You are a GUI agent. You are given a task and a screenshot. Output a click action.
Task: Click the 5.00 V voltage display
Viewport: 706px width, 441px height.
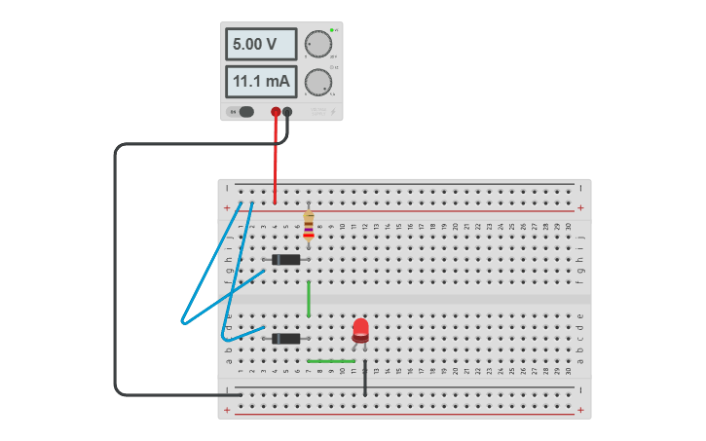point(261,45)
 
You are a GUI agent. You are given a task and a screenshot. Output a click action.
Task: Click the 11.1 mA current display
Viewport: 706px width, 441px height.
point(261,82)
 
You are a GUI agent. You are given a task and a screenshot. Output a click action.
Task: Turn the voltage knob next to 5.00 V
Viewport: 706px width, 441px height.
point(317,45)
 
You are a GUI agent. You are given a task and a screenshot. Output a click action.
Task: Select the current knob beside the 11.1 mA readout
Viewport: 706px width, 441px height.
point(317,83)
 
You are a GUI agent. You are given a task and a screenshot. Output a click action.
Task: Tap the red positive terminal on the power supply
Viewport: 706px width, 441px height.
point(276,112)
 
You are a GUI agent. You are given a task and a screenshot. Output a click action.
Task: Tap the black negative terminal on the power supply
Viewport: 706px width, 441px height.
point(287,112)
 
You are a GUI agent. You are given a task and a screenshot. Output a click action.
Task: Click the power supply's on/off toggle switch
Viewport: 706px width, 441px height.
point(242,112)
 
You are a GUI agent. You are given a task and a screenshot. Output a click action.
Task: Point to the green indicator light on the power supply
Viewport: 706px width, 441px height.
point(331,30)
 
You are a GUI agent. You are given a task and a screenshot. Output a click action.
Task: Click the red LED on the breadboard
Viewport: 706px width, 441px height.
point(360,328)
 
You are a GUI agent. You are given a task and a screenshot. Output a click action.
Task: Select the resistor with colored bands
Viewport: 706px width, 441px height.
point(309,225)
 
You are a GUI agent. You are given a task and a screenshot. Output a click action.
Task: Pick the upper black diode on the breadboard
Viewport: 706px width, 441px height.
point(286,259)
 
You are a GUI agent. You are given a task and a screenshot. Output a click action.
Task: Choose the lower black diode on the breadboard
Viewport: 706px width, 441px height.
point(286,339)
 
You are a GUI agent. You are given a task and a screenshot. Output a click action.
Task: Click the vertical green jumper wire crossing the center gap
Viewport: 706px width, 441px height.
point(309,298)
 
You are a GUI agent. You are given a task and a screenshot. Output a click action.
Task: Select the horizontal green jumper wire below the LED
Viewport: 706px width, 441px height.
point(331,361)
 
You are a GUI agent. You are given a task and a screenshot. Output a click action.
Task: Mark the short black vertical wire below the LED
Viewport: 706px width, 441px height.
point(365,379)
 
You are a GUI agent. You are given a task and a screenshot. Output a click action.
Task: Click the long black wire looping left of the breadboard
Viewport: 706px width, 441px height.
point(116,273)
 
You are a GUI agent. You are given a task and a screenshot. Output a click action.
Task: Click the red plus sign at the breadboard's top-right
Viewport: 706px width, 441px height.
point(580,207)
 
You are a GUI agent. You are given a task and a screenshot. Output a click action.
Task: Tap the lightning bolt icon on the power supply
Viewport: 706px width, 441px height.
point(333,112)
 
